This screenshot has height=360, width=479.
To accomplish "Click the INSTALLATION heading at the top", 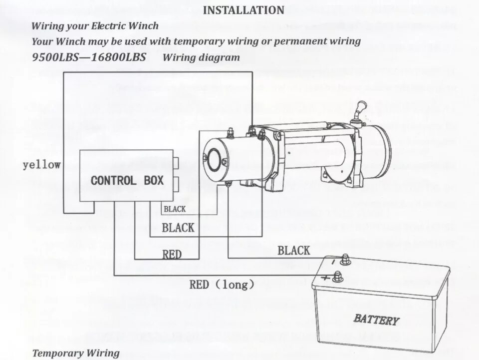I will [x=244, y=10].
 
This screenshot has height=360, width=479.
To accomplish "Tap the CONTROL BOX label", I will [x=127, y=180].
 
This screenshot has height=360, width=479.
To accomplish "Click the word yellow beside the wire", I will [x=42, y=165].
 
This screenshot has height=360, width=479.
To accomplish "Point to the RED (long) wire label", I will [x=222, y=285].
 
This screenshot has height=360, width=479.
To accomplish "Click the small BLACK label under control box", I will [x=175, y=209].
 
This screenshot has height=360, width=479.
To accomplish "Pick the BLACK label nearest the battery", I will [x=294, y=251].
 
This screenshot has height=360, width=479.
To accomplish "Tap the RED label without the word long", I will [x=172, y=255].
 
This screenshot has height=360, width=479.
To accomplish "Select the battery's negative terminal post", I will [x=344, y=259].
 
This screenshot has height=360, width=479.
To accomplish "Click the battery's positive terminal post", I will [x=338, y=276].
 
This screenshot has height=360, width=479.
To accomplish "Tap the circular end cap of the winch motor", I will [x=216, y=159].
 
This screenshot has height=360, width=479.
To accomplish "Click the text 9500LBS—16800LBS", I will [x=89, y=57].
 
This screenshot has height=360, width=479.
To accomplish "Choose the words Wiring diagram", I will [x=201, y=57].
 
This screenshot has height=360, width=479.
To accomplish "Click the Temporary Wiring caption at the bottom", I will [x=76, y=353].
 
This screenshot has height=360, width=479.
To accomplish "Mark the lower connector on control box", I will [x=178, y=180].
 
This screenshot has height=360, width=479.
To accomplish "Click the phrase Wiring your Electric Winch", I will [x=95, y=26].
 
